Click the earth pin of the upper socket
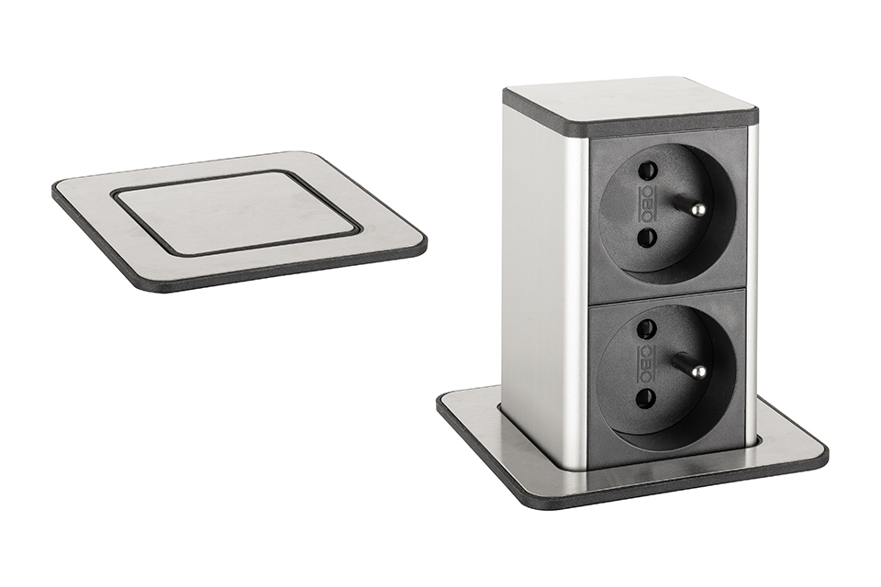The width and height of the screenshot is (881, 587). [687, 205]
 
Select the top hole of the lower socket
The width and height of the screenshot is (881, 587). [648, 327]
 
